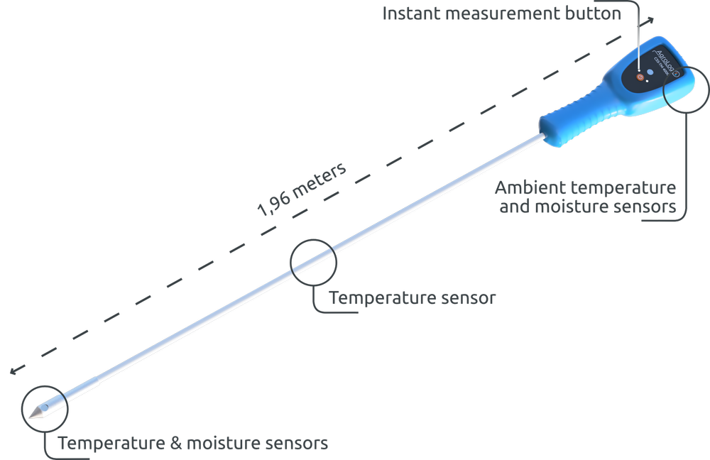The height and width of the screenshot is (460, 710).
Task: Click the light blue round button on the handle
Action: (x=649, y=72)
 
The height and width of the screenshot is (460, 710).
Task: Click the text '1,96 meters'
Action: (x=302, y=190)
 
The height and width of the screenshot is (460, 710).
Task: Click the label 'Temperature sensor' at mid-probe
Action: (x=413, y=298)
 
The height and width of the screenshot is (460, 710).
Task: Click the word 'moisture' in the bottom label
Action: (x=223, y=444)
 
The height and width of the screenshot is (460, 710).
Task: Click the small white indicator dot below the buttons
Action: (x=648, y=81)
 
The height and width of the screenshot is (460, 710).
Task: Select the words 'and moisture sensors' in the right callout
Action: (x=586, y=207)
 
